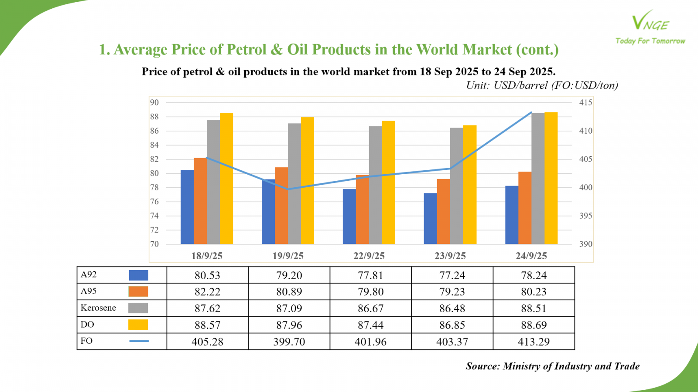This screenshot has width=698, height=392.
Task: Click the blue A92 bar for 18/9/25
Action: point(187,207)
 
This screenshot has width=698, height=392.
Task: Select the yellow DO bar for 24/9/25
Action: point(551,178)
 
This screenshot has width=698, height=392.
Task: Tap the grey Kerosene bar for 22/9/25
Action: point(375,185)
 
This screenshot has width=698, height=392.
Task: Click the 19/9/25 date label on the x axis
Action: point(288,256)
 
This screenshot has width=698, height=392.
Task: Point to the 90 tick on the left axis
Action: point(154,103)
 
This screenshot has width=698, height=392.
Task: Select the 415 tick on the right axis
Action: point(585,103)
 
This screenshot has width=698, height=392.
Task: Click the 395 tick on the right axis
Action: point(585,216)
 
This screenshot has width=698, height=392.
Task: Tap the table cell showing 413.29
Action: point(534,342)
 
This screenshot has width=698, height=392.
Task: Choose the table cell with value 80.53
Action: point(207,275)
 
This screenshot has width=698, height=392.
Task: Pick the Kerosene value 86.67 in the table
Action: point(370,308)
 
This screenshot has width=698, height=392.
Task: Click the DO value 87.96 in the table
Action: point(289,325)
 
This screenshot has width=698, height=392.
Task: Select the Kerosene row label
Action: point(98,308)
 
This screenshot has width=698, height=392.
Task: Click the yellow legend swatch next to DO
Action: point(138,324)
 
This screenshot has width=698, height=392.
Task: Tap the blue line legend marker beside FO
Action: point(139,341)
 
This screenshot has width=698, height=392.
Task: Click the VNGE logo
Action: point(650,22)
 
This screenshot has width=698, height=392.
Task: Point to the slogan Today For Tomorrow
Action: point(650,41)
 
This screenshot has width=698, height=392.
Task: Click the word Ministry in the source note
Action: point(522,366)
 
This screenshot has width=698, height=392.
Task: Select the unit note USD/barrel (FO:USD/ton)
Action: point(555,85)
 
